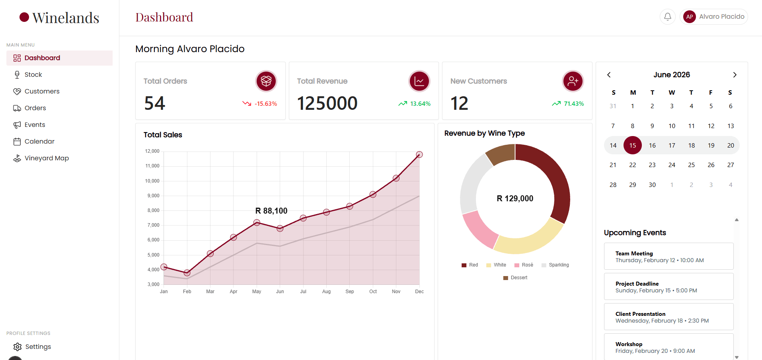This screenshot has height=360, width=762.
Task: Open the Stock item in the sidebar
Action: pos(33,75)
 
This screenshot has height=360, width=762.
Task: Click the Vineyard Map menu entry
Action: pos(47,158)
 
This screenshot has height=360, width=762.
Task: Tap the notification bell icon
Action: pos(668,17)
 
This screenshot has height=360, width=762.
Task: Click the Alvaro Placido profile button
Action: pos(714,17)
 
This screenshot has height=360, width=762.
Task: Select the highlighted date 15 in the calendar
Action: pos(633,145)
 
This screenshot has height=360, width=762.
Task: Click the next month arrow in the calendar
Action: pos(735,75)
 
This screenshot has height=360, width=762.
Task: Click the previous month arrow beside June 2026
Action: pos(609,75)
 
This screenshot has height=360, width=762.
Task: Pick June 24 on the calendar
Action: pos(672,165)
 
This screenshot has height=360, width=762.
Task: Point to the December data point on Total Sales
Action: pos(419,154)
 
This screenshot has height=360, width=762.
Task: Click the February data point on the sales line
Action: pos(187,273)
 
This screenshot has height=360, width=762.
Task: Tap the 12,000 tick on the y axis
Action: pos(152,151)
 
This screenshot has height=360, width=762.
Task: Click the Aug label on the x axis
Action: pos(326,292)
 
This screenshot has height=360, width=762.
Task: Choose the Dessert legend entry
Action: pos(515,278)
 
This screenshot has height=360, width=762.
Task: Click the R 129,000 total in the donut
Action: pos(515,198)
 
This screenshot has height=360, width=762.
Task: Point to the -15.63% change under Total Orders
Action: pos(266,104)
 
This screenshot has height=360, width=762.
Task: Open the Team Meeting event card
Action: pos(668,256)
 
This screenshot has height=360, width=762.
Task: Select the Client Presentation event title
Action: pos(640,314)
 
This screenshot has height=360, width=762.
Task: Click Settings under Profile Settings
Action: pos(38,347)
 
